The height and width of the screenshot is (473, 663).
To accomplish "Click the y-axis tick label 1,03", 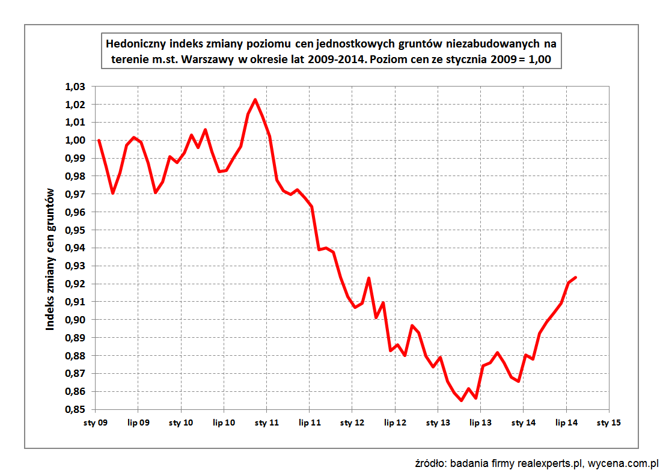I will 75,87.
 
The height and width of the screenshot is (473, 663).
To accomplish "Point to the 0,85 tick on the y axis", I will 75,410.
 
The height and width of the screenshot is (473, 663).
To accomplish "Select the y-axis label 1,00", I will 75,141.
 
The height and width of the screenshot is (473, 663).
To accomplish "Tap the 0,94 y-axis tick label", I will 75,248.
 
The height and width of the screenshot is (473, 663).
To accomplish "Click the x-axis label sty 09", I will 96,423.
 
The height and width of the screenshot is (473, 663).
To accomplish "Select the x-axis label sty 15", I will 608,423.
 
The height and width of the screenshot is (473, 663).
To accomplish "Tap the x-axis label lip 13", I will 480,423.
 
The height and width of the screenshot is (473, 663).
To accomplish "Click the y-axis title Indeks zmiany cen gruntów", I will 50,258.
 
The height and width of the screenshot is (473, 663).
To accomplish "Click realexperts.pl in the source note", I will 548,463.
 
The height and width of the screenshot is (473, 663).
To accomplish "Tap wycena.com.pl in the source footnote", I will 623,463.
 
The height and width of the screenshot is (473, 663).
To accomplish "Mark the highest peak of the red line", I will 255,100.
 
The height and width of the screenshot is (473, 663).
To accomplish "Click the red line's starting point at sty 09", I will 99,141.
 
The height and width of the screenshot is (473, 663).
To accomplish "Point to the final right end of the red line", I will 576,277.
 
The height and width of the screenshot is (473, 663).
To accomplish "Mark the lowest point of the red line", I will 462,401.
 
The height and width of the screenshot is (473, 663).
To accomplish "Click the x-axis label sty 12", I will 352,423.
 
